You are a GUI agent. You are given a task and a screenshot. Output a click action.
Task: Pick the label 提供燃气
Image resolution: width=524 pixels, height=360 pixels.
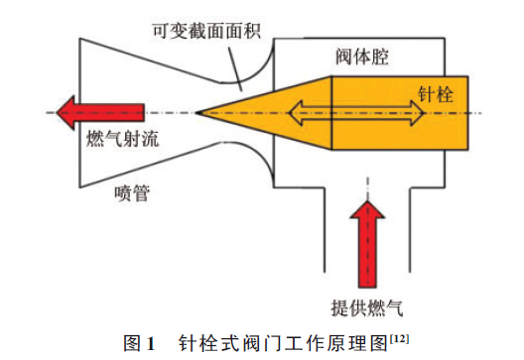point(368,303)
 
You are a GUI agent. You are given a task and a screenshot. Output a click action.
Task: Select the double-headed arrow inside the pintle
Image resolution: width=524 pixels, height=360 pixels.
point(356,112)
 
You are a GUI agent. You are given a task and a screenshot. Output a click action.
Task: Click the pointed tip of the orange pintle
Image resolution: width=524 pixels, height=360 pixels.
point(199,111)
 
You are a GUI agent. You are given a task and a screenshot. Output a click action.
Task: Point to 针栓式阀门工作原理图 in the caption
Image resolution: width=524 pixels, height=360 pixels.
point(283,343)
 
